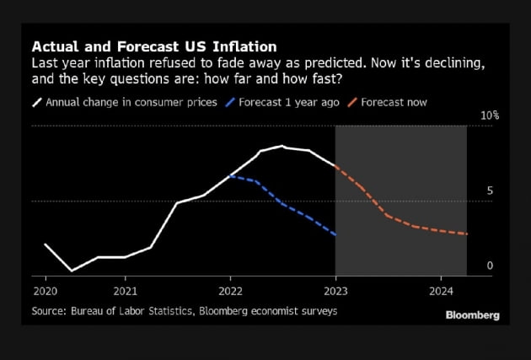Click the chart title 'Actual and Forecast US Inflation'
[x=153, y=46]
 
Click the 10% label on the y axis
[x=490, y=115]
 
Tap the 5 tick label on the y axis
[x=490, y=191]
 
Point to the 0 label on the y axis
[x=490, y=266]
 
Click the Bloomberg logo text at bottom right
[x=472, y=315]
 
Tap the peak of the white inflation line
[x=283, y=147]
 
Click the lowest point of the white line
[x=72, y=271]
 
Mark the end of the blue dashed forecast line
[x=335, y=234]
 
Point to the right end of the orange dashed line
[x=466, y=234]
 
